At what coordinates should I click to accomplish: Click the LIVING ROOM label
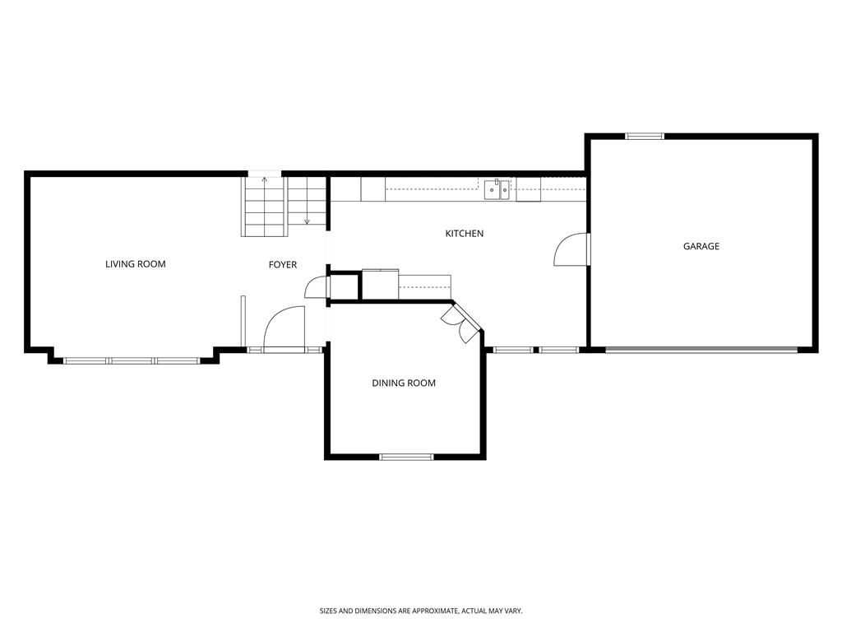pyautogui.click(x=136, y=264)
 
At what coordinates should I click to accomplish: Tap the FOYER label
pyautogui.click(x=283, y=264)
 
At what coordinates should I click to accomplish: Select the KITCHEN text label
pyautogui.click(x=465, y=233)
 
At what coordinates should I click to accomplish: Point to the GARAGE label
pyautogui.click(x=701, y=246)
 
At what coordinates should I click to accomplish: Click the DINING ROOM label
pyautogui.click(x=404, y=383)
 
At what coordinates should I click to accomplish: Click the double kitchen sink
pyautogui.click(x=497, y=189)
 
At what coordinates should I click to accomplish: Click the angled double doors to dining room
pyautogui.click(x=460, y=323)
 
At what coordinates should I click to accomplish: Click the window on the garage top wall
pyautogui.click(x=645, y=137)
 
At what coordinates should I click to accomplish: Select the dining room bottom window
pyautogui.click(x=406, y=458)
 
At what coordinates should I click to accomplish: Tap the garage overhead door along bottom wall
pyautogui.click(x=702, y=350)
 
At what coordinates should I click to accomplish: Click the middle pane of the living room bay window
pyautogui.click(x=132, y=361)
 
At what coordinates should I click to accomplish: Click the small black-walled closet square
pyautogui.click(x=344, y=287)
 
